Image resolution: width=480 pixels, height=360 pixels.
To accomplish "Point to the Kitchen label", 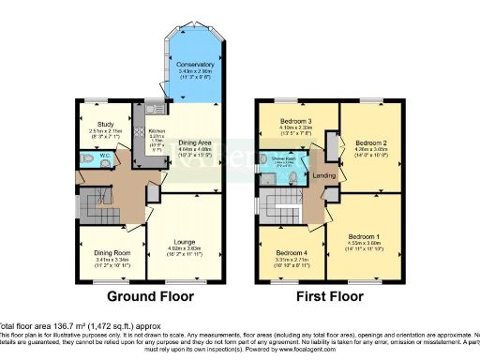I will click(157, 132).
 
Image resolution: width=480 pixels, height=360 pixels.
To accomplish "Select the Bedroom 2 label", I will click(373, 136).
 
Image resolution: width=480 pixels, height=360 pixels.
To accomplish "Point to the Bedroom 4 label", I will click(292, 252).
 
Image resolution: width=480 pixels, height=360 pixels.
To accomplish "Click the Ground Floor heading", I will click(151, 296).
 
